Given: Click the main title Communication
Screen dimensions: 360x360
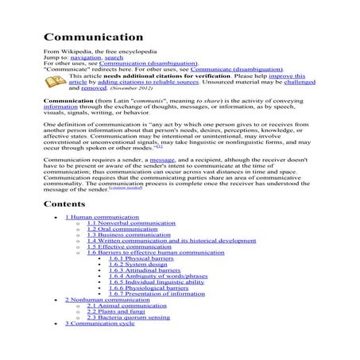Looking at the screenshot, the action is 93,37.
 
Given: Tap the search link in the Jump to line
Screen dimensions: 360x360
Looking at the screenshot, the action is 114,59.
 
